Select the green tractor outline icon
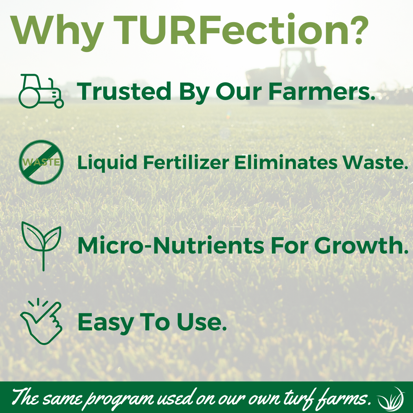click(x=41, y=91)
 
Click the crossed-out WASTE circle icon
click(x=41, y=162)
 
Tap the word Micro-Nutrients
click(x=171, y=246)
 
